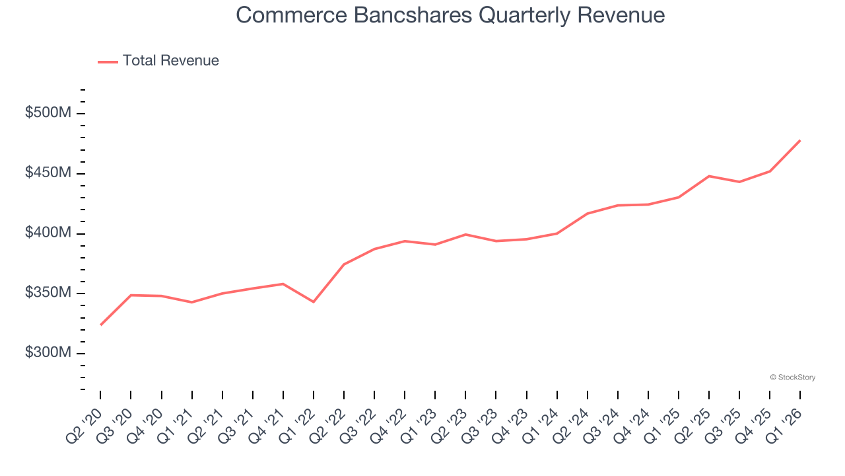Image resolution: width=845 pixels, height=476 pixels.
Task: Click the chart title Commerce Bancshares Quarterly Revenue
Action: pos(450,15)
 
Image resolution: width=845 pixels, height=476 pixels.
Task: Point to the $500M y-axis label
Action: pos(48,113)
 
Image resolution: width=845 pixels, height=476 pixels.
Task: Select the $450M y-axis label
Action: pos(48,173)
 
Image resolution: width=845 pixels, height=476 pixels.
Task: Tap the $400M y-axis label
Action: pos(48,233)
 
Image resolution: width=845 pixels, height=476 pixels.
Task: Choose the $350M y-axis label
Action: pos(48,293)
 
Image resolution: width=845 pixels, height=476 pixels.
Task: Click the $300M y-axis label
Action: pos(48,353)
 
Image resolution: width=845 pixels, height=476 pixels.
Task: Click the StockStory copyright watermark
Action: pos(793,377)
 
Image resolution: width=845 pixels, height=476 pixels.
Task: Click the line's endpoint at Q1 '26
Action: pos(800,140)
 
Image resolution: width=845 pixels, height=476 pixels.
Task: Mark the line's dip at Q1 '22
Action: pos(314,302)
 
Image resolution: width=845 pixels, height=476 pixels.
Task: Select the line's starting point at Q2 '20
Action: pos(100,325)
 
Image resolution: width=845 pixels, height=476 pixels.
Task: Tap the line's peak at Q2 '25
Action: pos(709,176)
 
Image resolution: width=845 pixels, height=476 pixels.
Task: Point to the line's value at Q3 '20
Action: pos(131,295)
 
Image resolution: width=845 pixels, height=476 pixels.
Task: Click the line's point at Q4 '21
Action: pos(283,284)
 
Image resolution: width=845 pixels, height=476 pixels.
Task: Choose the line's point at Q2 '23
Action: pos(465,234)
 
